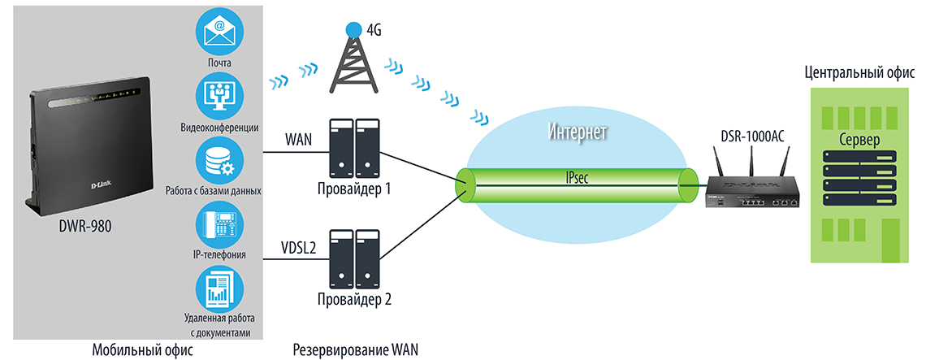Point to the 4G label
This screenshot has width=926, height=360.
click(374, 30)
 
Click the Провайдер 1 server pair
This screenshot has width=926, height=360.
click(354, 149)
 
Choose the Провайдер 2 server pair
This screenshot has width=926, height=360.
click(354, 258)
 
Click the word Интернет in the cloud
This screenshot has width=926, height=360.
click(578, 132)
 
